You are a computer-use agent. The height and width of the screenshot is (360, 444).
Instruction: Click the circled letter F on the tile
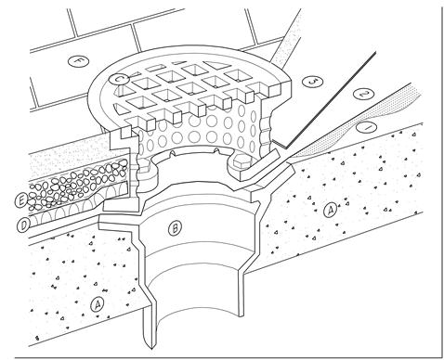(78, 60)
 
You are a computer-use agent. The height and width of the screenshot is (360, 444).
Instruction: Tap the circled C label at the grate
(118, 79)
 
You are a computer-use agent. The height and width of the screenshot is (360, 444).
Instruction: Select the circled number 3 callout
(313, 82)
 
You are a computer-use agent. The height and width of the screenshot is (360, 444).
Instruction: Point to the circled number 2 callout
(363, 94)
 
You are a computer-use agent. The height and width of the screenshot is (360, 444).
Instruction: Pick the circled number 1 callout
(366, 127)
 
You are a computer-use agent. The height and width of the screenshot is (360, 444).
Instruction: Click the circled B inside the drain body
(175, 228)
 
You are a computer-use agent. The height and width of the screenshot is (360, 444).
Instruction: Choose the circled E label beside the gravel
(21, 201)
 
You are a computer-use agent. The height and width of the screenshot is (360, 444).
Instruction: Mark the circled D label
(23, 225)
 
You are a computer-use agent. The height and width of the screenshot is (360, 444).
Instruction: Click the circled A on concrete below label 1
(331, 211)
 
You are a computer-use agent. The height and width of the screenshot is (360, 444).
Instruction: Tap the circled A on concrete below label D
(98, 305)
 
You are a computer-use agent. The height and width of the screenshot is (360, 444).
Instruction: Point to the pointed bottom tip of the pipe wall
(151, 349)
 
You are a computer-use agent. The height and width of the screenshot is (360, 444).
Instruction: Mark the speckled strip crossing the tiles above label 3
(286, 39)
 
